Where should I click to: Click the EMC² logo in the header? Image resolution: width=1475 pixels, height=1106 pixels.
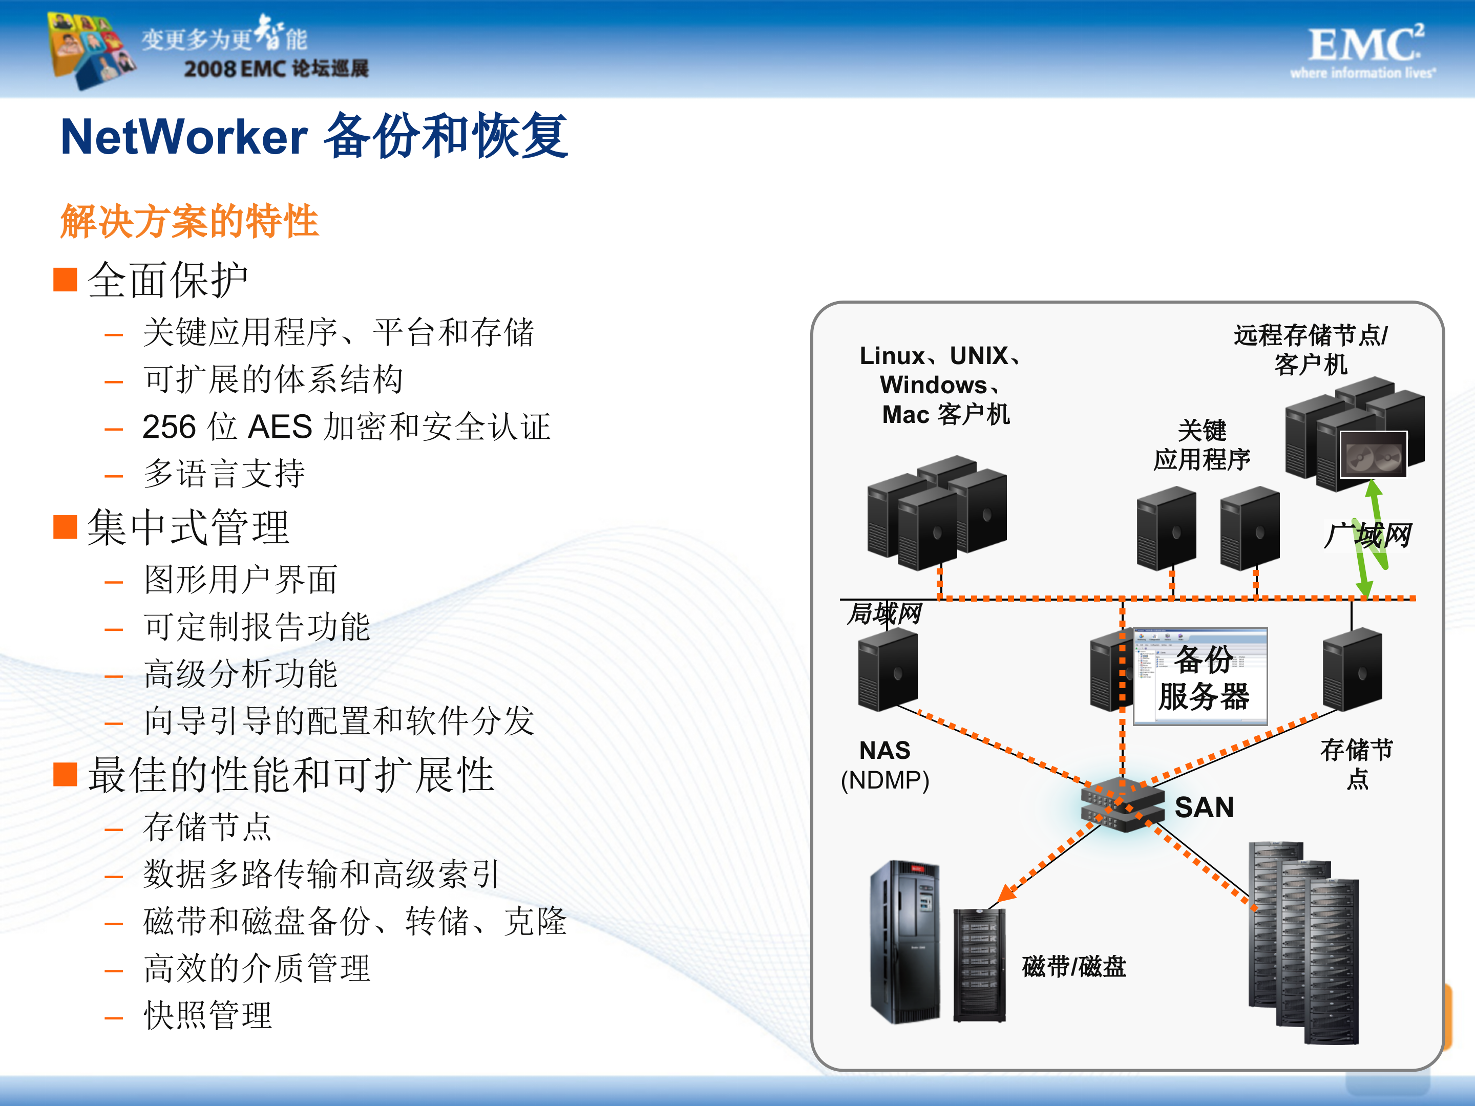pyautogui.click(x=1364, y=50)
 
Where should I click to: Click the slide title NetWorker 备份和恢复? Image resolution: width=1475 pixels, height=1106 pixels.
pyautogui.click(x=313, y=137)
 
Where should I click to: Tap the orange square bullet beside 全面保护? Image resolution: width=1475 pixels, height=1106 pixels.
pyautogui.click(x=66, y=280)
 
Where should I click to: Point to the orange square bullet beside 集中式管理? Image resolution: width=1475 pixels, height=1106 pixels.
pyautogui.click(x=66, y=527)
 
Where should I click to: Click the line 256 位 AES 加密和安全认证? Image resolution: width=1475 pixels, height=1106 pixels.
pyautogui.click(x=347, y=427)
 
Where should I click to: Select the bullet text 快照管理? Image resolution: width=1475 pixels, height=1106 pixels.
pyautogui.click(x=208, y=1016)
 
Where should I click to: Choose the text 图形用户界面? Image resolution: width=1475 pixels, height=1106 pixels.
pyautogui.click(x=241, y=579)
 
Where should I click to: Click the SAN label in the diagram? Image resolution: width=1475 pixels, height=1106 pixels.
pyautogui.click(x=1204, y=807)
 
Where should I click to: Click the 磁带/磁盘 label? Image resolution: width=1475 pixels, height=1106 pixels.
pyautogui.click(x=1073, y=967)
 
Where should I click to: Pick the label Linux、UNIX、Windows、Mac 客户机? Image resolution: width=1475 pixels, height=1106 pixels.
pyautogui.click(x=940, y=386)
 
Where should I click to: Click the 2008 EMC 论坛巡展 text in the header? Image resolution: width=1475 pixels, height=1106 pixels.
pyautogui.click(x=276, y=69)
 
